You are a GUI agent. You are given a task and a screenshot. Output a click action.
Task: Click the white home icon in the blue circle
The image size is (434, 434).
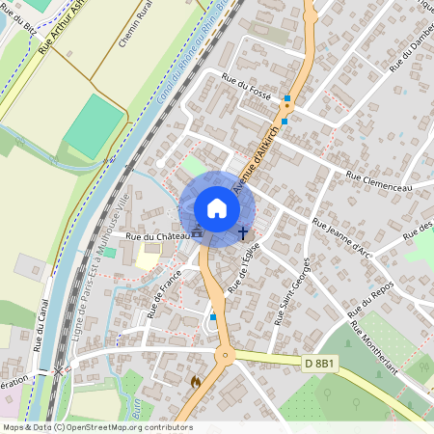(216, 208)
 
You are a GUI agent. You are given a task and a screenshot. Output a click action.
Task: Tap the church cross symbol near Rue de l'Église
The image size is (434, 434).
(242, 232)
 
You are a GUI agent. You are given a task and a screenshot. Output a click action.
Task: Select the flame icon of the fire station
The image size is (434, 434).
(196, 382)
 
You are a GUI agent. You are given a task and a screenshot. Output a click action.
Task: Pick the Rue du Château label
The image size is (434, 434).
(153, 235)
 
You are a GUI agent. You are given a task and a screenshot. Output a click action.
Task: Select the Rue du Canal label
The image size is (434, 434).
(38, 324)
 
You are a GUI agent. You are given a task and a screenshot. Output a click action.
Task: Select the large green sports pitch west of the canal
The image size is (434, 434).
(95, 124)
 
